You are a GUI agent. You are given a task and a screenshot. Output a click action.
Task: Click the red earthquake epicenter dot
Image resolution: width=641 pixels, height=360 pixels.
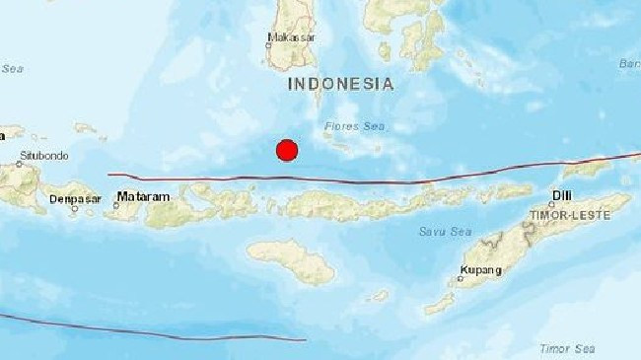point(287,150)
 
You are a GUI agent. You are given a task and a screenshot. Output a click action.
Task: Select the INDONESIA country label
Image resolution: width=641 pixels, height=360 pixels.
point(341,85)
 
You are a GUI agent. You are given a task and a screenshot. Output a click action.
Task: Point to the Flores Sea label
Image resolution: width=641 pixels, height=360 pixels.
point(356,126)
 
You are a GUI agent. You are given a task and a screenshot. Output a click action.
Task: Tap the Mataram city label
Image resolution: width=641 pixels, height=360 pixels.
point(143,197)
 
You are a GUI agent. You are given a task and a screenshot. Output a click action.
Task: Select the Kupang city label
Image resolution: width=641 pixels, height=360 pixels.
point(481,270)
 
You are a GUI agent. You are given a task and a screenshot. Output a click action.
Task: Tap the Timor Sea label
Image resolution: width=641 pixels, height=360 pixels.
point(566,348)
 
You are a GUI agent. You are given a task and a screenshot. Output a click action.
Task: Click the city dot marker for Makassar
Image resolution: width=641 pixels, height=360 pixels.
point(269,42)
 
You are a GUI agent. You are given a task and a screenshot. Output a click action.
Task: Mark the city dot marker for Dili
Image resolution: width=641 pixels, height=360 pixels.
point(551,205)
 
